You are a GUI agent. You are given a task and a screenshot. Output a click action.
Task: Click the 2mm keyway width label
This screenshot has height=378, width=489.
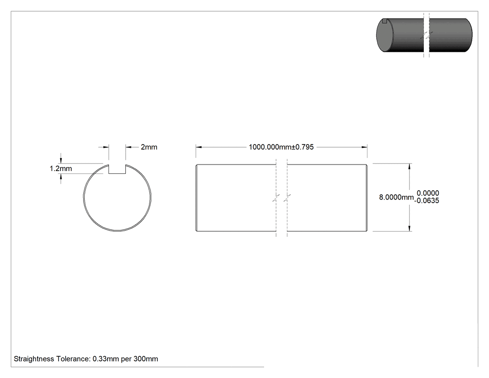tap(149, 147)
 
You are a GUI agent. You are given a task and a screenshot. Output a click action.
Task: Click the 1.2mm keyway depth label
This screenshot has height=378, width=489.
tap(61, 169)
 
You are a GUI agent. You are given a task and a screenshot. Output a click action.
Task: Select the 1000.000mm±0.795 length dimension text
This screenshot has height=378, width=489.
tap(281, 147)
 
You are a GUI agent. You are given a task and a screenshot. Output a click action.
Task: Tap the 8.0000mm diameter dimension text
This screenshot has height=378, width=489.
tap(396, 197)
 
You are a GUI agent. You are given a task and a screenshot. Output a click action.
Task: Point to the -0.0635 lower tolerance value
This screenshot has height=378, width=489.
tap(427, 201)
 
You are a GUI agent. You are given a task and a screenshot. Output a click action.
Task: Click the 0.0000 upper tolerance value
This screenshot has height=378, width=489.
tap(428, 193)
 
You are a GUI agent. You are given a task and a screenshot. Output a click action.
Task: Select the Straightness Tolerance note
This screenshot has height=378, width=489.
tap(86, 358)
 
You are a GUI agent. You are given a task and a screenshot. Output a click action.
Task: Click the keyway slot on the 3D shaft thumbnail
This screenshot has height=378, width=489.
tap(385, 21)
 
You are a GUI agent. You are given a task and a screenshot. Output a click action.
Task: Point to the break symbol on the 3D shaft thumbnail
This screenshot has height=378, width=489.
tap(426, 34)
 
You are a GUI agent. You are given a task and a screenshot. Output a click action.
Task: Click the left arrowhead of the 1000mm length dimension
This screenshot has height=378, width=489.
tap(199, 147)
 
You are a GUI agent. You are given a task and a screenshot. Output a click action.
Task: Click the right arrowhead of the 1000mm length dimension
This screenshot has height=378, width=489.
tap(364, 147)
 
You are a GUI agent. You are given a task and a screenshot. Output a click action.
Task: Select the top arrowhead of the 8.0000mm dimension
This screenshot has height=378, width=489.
tap(409, 166)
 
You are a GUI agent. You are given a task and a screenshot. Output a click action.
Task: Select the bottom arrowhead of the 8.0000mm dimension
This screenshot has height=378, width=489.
tap(409, 228)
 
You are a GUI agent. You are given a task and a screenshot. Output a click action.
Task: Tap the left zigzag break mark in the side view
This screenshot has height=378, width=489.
tap(276, 198)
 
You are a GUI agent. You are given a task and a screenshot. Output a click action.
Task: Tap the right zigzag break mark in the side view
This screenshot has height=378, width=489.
tap(287, 198)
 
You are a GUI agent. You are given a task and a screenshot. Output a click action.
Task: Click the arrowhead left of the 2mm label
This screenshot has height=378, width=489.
tap(106, 147)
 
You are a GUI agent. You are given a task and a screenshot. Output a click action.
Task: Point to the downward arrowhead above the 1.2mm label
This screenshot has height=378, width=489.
tap(61, 160)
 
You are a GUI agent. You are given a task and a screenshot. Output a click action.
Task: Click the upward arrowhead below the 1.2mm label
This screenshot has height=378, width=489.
tap(61, 177)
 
